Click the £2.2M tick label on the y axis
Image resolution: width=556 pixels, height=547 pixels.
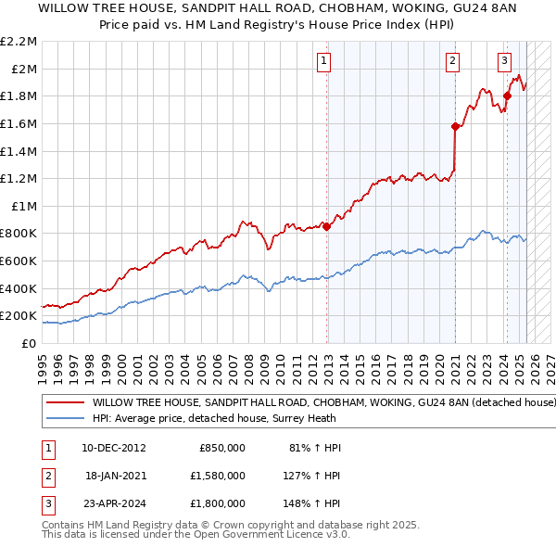[20, 42]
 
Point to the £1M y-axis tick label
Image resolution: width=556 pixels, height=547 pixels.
[24, 206]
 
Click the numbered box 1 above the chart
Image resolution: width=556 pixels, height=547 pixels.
[324, 62]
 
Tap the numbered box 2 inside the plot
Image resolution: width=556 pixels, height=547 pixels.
[453, 62]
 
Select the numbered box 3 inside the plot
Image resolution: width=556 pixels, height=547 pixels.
[505, 62]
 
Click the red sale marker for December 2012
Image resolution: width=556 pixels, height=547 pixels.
[327, 226]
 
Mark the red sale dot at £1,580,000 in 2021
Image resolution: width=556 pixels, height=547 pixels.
[455, 126]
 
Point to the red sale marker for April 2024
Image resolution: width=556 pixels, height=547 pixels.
[507, 95]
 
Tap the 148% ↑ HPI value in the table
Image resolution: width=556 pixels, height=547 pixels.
[315, 503]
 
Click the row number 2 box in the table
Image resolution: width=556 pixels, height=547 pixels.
[46, 476]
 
